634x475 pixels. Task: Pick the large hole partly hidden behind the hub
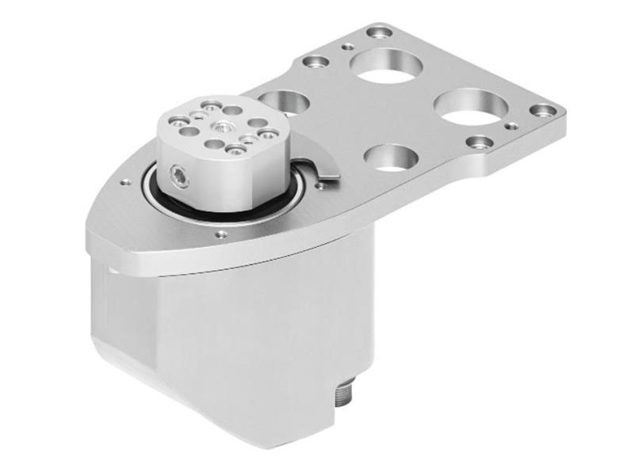(284, 101)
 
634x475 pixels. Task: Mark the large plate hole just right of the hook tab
(390, 157)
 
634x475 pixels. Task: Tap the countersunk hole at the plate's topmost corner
(379, 32)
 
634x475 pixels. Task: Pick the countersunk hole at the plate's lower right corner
(479, 142)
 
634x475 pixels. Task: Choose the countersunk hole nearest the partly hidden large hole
(316, 61)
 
